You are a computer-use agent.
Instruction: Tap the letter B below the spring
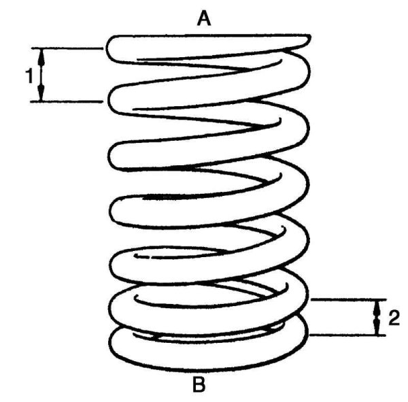199,385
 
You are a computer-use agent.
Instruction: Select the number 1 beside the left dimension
29,76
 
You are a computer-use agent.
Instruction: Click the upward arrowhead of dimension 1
41,55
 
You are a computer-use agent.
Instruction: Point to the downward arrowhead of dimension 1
41,95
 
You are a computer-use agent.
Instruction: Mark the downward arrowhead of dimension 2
376,329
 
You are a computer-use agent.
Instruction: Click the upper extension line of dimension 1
68,48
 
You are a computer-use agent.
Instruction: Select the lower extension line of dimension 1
68,102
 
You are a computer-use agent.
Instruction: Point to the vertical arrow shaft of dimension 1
41,75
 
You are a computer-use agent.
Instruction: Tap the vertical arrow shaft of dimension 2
376,317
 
